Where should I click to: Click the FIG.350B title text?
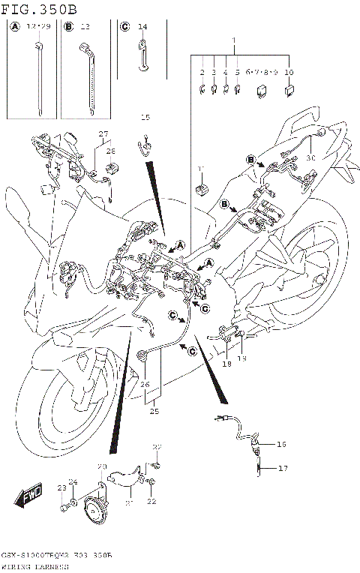pyautogui.click(x=39, y=9)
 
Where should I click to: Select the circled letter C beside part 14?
pyautogui.click(x=125, y=27)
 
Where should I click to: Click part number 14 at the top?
pyautogui.click(x=142, y=27)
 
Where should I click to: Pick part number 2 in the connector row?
pyautogui.click(x=202, y=72)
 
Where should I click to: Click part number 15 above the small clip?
pyautogui.click(x=145, y=118)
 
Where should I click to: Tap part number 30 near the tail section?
pyautogui.click(x=310, y=158)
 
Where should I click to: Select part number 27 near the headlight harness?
pyautogui.click(x=104, y=134)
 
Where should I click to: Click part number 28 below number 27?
pyautogui.click(x=111, y=151)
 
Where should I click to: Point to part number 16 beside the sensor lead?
pyautogui.click(x=282, y=445)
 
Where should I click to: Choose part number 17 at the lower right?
pyautogui.click(x=283, y=469)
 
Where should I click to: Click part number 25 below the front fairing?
pyautogui.click(x=154, y=412)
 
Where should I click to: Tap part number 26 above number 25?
pyautogui.click(x=145, y=385)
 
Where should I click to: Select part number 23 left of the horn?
pyautogui.click(x=61, y=488)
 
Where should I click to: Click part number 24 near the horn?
pyautogui.click(x=73, y=482)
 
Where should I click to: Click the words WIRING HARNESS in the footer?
pyautogui.click(x=37, y=567)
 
